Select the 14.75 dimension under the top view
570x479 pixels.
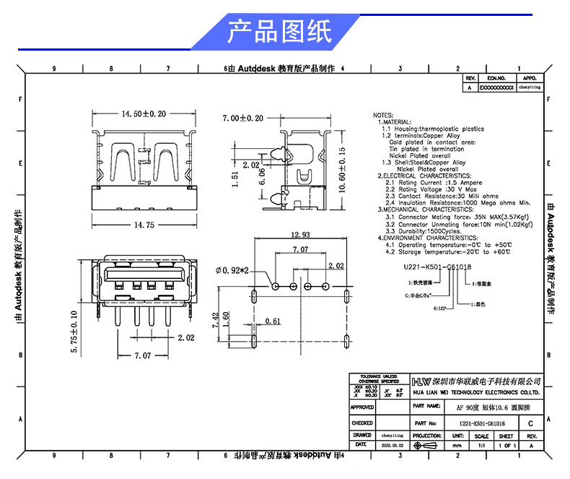[x=144, y=225]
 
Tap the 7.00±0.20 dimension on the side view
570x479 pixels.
[x=243, y=118]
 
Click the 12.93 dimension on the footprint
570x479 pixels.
[x=301, y=235]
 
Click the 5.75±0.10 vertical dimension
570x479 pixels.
[x=74, y=332]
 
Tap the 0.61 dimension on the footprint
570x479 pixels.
[x=273, y=320]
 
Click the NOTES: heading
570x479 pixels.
[x=383, y=116]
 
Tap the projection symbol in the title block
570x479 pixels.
[x=427, y=446]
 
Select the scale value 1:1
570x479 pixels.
[x=481, y=446]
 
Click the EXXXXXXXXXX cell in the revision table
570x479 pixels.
[x=496, y=87]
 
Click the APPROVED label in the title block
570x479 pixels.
[x=362, y=407]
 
